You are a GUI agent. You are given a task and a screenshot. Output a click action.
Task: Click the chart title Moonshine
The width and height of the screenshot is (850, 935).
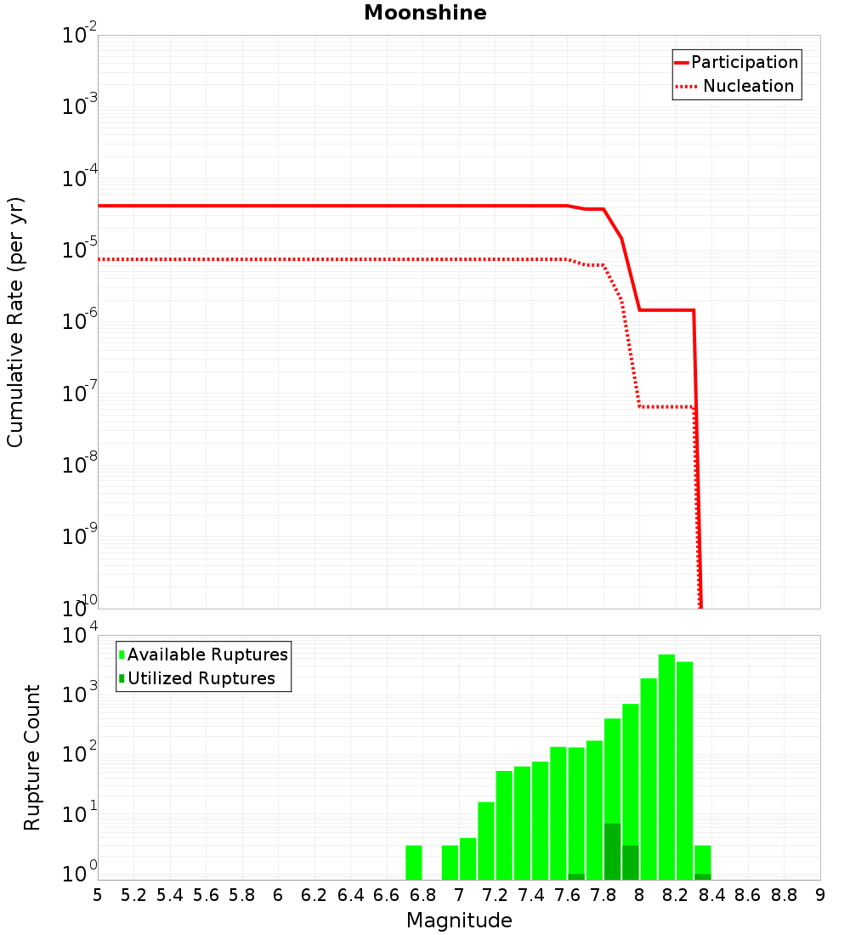tap(425, 13)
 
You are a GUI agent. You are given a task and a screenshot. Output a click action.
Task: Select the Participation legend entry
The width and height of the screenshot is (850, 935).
tap(736, 62)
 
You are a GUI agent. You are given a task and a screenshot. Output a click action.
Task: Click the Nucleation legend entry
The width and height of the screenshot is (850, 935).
tap(734, 86)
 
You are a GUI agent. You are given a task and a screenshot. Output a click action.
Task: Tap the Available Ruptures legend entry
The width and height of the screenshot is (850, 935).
tap(203, 654)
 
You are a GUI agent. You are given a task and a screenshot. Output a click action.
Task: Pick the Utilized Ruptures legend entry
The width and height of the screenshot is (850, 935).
tap(197, 678)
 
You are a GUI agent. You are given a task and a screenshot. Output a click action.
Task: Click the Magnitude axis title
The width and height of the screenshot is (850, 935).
tap(459, 921)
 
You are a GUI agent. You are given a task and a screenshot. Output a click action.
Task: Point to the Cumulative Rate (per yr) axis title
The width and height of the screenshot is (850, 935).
tap(15, 322)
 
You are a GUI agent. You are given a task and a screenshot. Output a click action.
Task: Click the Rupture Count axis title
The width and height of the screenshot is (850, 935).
tap(31, 757)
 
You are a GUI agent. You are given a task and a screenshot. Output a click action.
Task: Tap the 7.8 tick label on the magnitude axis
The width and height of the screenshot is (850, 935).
tap(603, 896)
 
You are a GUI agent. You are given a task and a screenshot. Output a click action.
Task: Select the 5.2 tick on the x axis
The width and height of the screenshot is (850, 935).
tap(133, 896)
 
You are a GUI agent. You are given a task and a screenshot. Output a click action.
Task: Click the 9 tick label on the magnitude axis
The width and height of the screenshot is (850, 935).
tap(820, 896)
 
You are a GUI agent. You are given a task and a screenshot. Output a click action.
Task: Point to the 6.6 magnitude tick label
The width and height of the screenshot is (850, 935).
tap(386, 896)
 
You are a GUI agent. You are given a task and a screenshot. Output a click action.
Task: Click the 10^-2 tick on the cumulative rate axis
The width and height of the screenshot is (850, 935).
tap(79, 33)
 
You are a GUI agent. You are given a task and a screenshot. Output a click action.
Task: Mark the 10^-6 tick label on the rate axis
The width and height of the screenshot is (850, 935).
tap(79, 320)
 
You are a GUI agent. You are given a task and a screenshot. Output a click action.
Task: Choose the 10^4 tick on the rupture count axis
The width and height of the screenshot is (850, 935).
tap(79, 634)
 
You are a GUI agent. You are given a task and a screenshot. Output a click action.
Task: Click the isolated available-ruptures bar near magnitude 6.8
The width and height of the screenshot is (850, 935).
tap(413, 862)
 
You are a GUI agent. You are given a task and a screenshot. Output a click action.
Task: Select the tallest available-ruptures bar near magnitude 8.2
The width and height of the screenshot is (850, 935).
tap(666, 767)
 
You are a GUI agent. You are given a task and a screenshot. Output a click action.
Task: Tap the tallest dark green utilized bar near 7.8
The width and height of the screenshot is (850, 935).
tap(612, 852)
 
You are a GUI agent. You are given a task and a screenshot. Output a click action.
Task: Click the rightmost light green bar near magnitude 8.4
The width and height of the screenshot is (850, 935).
tap(702, 862)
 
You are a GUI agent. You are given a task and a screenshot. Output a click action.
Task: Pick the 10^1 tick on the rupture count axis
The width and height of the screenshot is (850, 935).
tap(79, 813)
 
